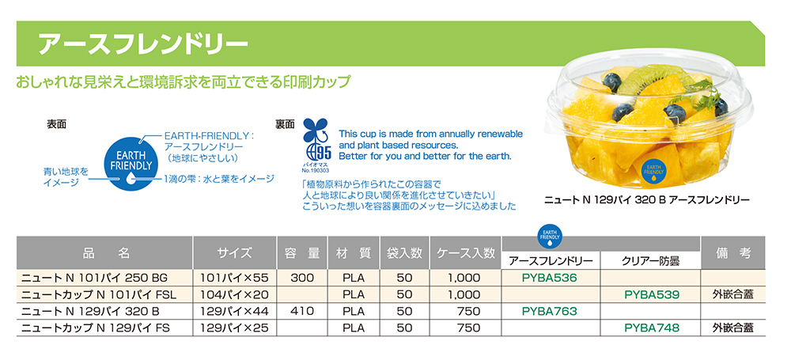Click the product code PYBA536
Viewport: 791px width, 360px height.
click(550, 278)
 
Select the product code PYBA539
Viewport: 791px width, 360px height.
click(652, 294)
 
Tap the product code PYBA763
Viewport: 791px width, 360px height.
click(550, 311)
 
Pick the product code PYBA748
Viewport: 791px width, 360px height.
click(652, 328)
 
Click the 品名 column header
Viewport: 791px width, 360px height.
click(105, 253)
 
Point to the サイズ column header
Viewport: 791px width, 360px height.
click(235, 253)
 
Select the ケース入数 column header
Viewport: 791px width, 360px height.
click(465, 253)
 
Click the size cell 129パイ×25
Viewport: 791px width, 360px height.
click(235, 328)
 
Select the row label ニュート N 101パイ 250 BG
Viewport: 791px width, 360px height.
click(95, 278)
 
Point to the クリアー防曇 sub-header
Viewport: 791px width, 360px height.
click(651, 260)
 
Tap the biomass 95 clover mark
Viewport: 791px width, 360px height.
click(316, 142)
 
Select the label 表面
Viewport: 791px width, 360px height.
click(57, 124)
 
